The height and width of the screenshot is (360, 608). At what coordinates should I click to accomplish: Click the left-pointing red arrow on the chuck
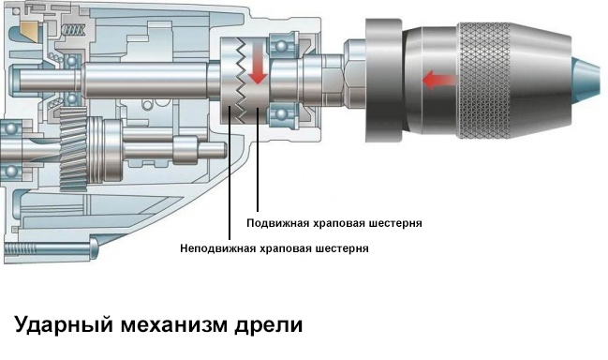(x=439, y=81)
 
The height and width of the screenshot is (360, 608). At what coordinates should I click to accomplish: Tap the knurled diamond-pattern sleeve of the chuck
(x=484, y=81)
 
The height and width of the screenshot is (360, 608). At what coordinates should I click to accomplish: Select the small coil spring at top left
(x=74, y=29)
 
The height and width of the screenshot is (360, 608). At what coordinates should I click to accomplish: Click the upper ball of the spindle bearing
(x=281, y=46)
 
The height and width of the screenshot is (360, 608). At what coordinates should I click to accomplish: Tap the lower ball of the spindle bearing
(x=281, y=114)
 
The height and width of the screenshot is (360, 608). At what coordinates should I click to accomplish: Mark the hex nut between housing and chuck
(x=353, y=73)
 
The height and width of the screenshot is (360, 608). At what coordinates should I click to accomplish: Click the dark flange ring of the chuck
(x=383, y=81)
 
